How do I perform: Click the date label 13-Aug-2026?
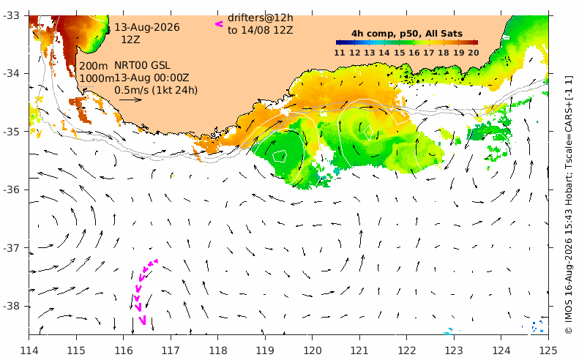(x=147, y=27)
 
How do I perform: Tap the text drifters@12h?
(x=261, y=18)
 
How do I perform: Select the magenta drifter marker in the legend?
(x=220, y=24)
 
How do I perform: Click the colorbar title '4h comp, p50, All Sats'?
(x=407, y=34)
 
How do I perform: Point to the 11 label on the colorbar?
(x=340, y=53)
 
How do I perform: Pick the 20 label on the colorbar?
(x=474, y=53)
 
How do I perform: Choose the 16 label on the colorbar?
(x=414, y=53)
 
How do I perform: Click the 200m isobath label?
(x=94, y=66)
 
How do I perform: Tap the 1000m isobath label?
(x=97, y=78)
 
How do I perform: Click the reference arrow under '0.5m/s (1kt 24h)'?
(x=131, y=100)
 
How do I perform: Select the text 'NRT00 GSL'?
(x=142, y=65)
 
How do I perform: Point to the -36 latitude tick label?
(x=13, y=190)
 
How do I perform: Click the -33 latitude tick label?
(x=13, y=15)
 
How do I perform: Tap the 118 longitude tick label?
(x=217, y=350)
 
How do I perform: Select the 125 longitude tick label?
(x=548, y=350)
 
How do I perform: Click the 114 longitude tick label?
(x=29, y=350)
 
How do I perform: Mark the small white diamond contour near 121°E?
(x=367, y=133)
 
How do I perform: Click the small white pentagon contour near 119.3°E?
(x=280, y=156)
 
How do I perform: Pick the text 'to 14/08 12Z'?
(x=261, y=30)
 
